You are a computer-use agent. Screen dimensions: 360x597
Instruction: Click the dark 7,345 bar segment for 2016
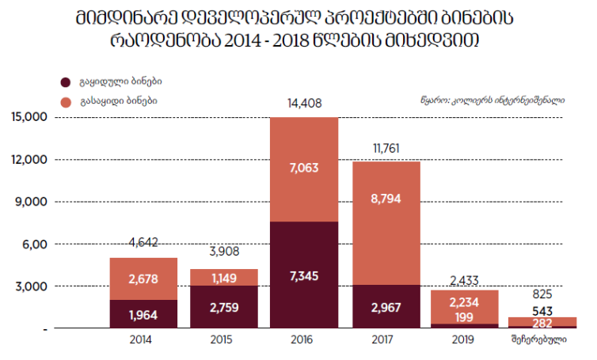[305, 275]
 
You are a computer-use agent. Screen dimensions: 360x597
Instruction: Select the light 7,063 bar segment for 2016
[305, 169]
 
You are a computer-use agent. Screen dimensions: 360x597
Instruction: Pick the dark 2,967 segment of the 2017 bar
[386, 306]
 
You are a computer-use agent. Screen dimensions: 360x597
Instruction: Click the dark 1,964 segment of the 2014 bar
[143, 313]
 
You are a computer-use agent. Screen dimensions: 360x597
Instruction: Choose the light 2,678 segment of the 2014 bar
[143, 279]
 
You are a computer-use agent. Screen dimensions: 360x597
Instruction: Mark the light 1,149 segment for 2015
[224, 277]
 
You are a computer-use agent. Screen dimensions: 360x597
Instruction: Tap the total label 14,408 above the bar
[305, 102]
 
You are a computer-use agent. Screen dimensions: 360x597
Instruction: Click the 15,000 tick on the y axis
[30, 117]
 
